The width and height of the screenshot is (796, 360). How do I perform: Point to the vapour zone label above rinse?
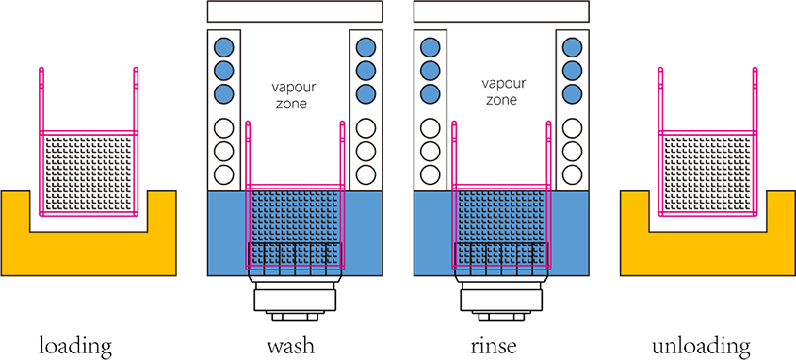click(x=501, y=90)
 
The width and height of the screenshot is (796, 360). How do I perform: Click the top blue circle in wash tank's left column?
click(x=223, y=48)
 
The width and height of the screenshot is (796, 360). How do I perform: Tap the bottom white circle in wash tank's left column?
click(x=223, y=174)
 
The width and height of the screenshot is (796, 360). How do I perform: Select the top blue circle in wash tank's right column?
click(x=366, y=48)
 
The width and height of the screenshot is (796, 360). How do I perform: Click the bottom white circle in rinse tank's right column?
click(x=572, y=174)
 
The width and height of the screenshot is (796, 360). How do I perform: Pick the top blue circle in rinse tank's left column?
click(x=430, y=48)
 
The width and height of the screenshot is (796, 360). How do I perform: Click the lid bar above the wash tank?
click(x=295, y=11)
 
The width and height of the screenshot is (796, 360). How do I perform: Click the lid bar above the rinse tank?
click(x=501, y=11)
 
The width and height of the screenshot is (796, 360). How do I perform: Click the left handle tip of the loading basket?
click(x=41, y=69)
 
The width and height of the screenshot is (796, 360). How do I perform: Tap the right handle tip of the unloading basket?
click(x=755, y=69)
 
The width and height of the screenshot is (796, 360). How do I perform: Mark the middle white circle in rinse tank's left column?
click(x=430, y=151)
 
